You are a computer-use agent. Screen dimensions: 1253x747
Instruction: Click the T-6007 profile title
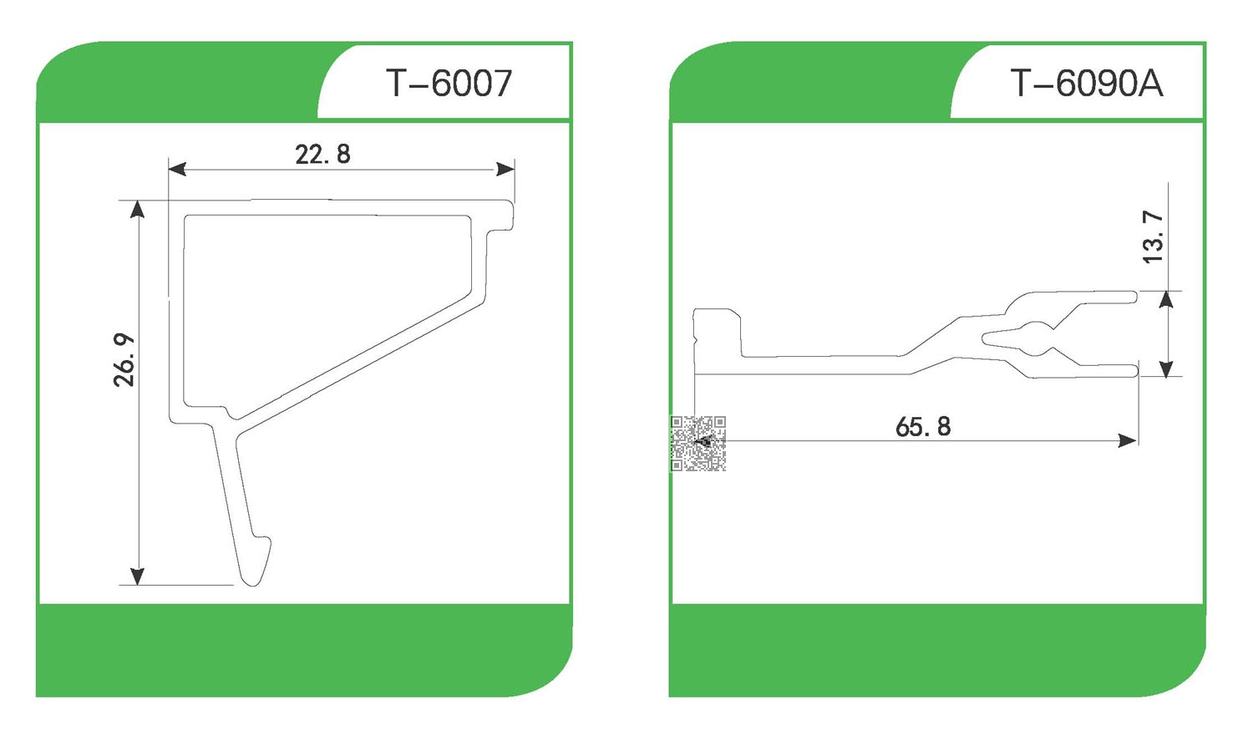tap(449, 84)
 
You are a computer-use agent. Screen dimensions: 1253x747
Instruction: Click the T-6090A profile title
tap(1086, 84)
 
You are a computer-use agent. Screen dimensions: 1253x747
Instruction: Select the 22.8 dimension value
tap(322, 155)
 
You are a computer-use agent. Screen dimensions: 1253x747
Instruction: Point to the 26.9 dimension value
tap(124, 360)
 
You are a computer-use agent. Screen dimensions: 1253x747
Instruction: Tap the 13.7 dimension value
tap(1153, 236)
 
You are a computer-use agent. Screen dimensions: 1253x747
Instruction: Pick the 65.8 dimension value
tap(923, 427)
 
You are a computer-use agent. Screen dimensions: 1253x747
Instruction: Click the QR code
tap(698, 443)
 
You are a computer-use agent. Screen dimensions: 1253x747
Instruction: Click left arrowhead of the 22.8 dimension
tap(177, 169)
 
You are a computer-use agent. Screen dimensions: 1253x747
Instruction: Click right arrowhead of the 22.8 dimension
tap(505, 169)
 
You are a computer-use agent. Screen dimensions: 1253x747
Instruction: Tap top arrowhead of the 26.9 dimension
tap(138, 209)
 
